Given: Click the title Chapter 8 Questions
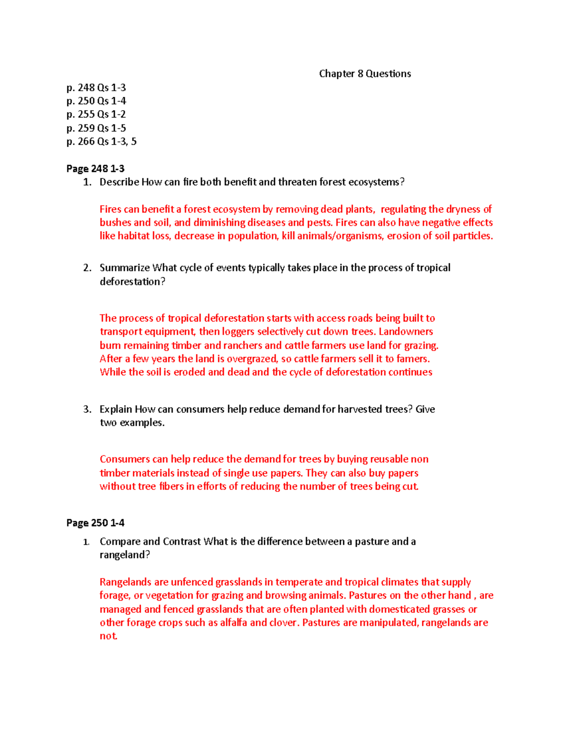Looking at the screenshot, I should (365, 74).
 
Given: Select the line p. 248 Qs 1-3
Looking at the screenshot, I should (96, 88).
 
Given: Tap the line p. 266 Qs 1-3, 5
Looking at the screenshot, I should (101, 142).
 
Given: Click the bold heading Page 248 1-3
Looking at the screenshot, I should (95, 169).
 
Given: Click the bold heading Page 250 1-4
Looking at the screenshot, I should (95, 523).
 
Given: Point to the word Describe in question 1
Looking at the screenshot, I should (119, 182).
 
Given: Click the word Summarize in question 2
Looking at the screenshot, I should (125, 268).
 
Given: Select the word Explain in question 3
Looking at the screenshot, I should (116, 410).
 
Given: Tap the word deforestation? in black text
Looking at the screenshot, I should (132, 281).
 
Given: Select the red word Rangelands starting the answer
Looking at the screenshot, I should (126, 582).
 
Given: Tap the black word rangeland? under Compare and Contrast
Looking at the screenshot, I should (125, 555).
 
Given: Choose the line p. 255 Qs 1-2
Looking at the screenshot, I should (96, 114).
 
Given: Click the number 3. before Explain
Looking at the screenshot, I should (87, 410).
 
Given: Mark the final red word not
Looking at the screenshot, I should (108, 636).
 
